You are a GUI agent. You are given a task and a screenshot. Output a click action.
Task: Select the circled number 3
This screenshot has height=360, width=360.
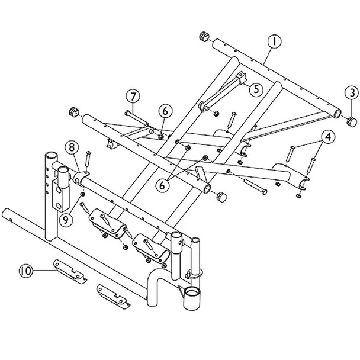coord(351,93)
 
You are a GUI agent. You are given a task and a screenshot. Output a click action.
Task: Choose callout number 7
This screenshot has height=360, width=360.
coord(132,95)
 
